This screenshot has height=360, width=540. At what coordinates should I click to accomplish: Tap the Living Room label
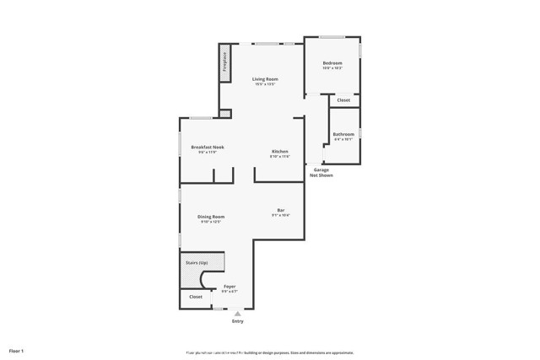point(265,79)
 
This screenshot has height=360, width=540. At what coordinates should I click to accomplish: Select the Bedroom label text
point(332,63)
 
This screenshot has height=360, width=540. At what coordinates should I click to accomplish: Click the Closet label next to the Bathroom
point(343,100)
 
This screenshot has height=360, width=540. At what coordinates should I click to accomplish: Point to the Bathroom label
point(343,134)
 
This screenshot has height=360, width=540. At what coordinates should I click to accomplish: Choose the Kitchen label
point(279,152)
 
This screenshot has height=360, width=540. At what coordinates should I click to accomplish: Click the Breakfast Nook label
point(207,148)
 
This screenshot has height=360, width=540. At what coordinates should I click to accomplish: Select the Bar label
point(281,210)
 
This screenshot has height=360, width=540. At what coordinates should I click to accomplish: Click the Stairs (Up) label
point(197,263)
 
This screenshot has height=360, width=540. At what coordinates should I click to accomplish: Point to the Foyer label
point(229,287)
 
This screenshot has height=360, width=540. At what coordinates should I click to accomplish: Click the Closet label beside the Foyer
point(196,297)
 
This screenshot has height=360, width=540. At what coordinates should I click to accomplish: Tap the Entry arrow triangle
point(237,314)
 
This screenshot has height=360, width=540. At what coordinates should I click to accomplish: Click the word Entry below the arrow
point(237,321)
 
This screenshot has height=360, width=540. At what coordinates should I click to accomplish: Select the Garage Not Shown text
point(321,173)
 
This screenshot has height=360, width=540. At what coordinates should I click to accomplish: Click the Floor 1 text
point(17,350)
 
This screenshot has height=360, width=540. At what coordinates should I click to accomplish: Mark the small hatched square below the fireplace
point(224,113)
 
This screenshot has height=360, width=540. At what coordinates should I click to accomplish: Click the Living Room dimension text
point(265,84)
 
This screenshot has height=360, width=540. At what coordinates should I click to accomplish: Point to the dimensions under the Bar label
point(281,215)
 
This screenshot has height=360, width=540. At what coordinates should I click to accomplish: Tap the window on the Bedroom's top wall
point(332,37)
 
